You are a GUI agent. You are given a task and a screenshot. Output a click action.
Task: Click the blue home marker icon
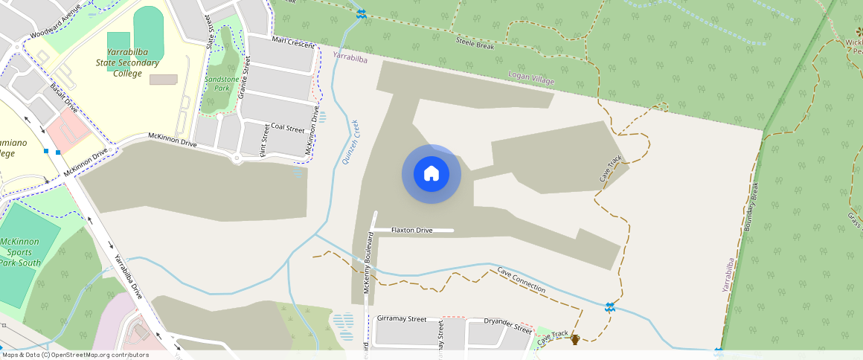pyautogui.click(x=431, y=174)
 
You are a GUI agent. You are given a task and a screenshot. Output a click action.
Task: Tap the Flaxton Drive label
pyautogui.click(x=411, y=231)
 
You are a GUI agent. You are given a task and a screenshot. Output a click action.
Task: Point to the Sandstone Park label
pyautogui.click(x=221, y=83)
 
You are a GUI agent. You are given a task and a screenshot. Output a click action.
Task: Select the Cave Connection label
pyautogui.click(x=521, y=280)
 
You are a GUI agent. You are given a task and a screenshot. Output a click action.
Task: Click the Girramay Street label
pyautogui.click(x=402, y=318)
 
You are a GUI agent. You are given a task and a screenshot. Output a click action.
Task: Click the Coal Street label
pyautogui.click(x=288, y=128)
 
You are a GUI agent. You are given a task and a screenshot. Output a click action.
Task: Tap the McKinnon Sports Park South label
pyautogui.click(x=20, y=251)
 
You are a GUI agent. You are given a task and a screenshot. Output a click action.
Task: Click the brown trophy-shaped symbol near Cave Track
pyautogui.click(x=574, y=340)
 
